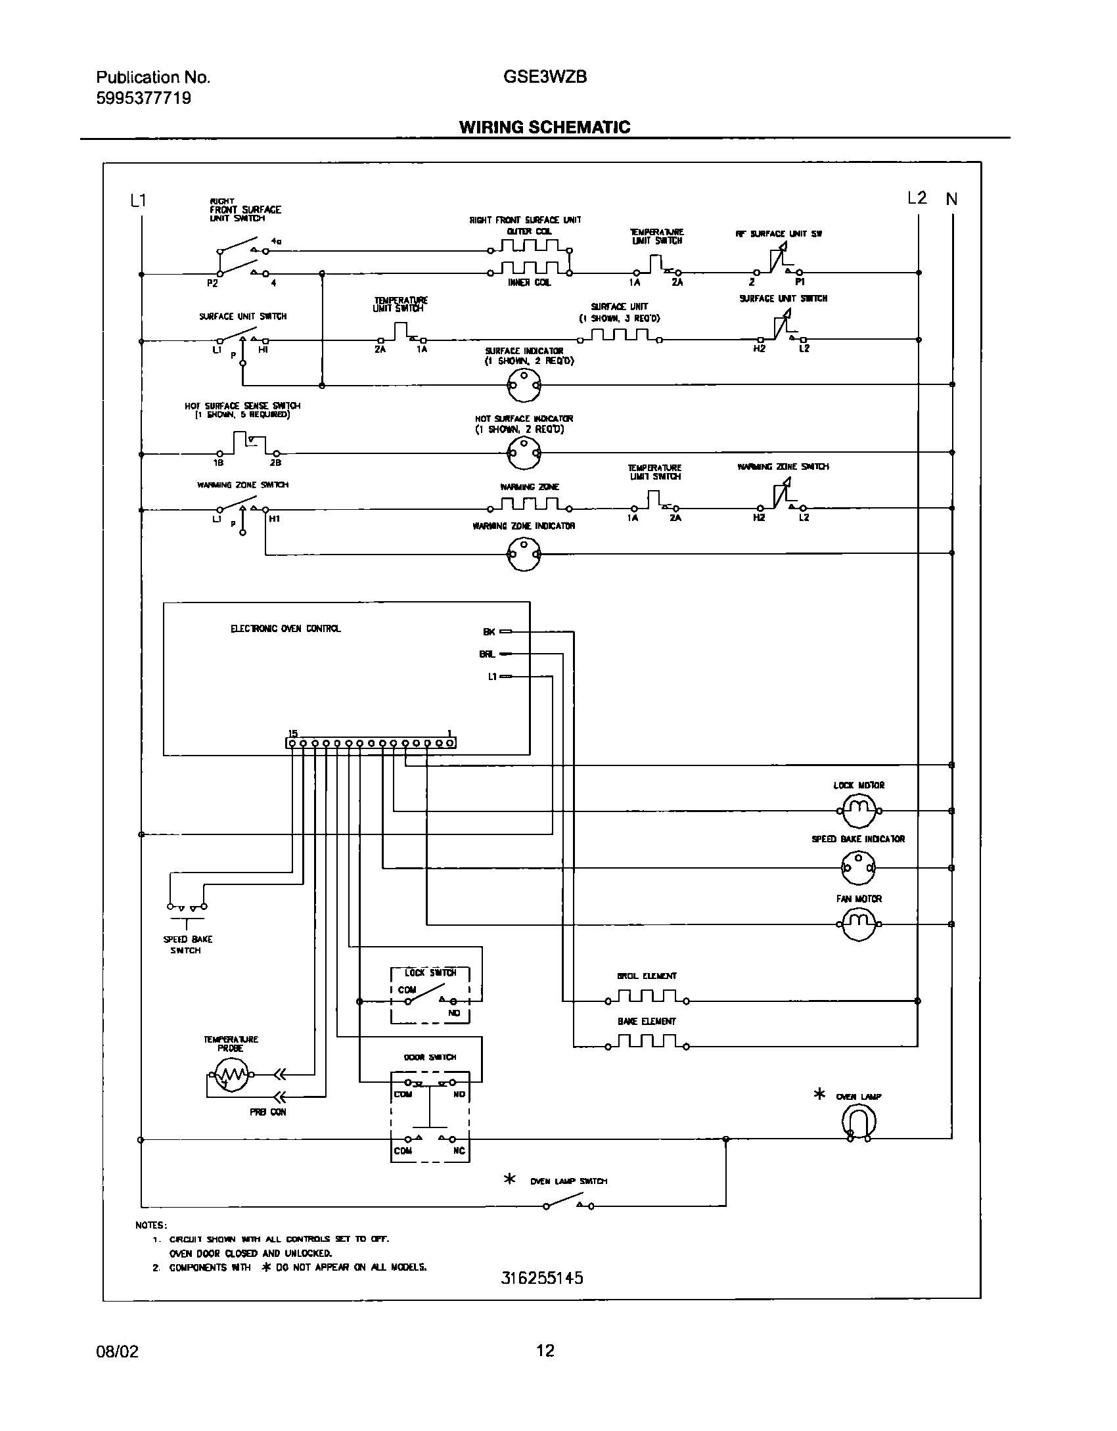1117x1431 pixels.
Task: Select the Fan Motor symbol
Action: tap(859, 924)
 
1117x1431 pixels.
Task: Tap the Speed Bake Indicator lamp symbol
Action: tap(859, 868)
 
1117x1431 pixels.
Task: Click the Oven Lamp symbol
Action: tap(859, 1121)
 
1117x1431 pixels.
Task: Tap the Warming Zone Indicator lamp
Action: tap(524, 554)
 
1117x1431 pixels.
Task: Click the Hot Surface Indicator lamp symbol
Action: tap(524, 452)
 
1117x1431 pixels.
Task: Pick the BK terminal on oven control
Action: tap(489, 631)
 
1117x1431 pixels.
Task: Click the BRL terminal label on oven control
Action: tap(487, 654)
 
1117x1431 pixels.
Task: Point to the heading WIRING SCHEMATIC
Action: tap(544, 127)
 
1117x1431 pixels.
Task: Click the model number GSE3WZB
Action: tap(545, 77)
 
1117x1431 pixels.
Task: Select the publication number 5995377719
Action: tap(144, 98)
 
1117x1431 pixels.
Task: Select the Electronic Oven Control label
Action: tap(285, 629)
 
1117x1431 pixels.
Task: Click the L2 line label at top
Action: tap(917, 198)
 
